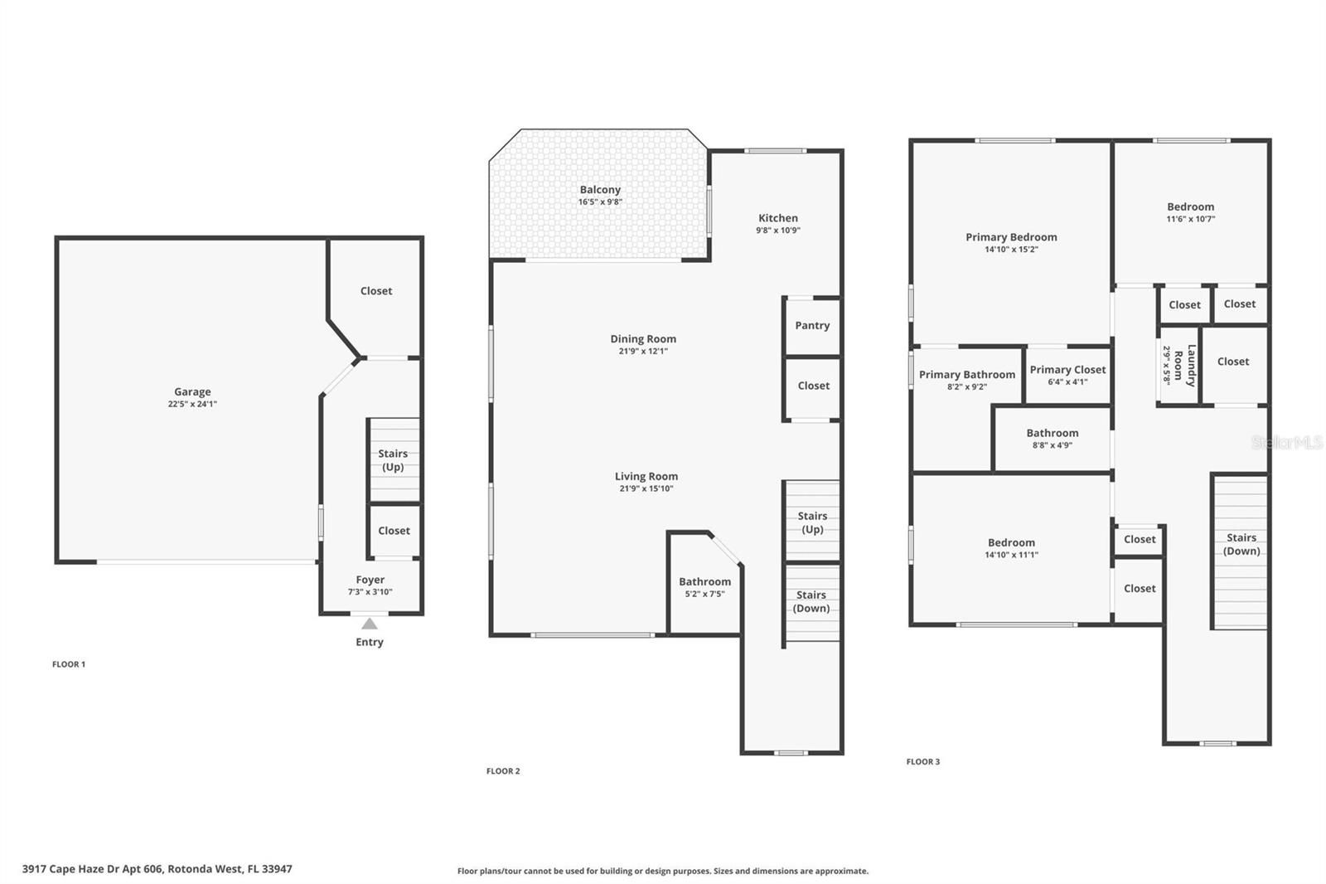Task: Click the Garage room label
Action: [192, 391]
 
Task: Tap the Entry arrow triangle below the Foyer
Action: [370, 624]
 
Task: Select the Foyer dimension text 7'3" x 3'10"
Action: [370, 592]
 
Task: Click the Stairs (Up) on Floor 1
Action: [393, 460]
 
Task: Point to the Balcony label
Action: [600, 190]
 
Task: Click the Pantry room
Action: [812, 325]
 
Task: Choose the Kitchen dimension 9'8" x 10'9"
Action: [777, 231]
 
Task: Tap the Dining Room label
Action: [643, 338]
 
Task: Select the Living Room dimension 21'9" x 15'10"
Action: [646, 488]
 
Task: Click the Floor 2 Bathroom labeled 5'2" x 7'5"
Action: [704, 587]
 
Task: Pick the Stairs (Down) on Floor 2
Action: [811, 601]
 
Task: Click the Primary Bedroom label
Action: [1011, 237]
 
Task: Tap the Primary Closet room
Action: [1067, 375]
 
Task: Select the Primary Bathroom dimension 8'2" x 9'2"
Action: [966, 386]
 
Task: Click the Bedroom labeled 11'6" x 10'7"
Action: [1190, 212]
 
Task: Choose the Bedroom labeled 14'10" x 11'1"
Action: [1011, 548]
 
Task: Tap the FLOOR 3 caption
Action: [922, 761]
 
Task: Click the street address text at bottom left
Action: [157, 869]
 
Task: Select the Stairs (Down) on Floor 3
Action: [1241, 544]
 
